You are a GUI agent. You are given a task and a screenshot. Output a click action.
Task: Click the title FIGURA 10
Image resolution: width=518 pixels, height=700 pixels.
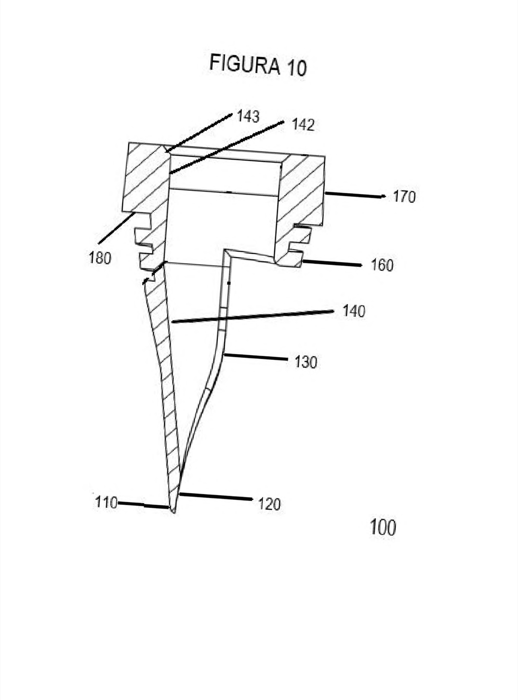point(257,66)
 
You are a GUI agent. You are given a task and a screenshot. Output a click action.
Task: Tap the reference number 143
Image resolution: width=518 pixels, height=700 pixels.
point(248,117)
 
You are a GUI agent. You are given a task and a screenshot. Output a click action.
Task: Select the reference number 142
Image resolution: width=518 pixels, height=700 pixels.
point(304,125)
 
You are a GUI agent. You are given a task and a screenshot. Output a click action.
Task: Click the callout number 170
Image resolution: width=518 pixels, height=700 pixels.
point(404,197)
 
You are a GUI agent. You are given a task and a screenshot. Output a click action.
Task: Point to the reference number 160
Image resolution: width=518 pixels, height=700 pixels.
point(382,265)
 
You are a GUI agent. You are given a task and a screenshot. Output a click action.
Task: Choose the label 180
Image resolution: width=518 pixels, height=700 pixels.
point(100,259)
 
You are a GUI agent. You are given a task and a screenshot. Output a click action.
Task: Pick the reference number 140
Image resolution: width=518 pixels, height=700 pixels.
point(354,311)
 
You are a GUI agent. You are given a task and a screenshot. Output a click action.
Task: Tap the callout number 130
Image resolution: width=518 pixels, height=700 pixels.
point(305,362)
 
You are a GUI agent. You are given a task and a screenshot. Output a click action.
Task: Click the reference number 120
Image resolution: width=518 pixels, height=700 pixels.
point(269,504)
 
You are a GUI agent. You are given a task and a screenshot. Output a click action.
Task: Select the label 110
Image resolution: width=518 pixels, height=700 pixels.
point(106,502)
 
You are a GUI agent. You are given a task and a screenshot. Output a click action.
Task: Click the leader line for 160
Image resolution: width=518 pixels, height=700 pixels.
point(332,263)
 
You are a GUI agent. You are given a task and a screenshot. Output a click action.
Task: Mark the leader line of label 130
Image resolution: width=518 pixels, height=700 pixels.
point(256,357)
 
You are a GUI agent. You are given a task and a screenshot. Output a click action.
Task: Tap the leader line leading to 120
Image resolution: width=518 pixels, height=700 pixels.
point(216,497)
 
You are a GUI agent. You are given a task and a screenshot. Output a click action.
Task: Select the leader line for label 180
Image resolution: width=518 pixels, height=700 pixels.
point(117,228)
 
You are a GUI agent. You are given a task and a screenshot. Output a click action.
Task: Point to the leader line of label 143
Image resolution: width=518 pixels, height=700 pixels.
point(199,133)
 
